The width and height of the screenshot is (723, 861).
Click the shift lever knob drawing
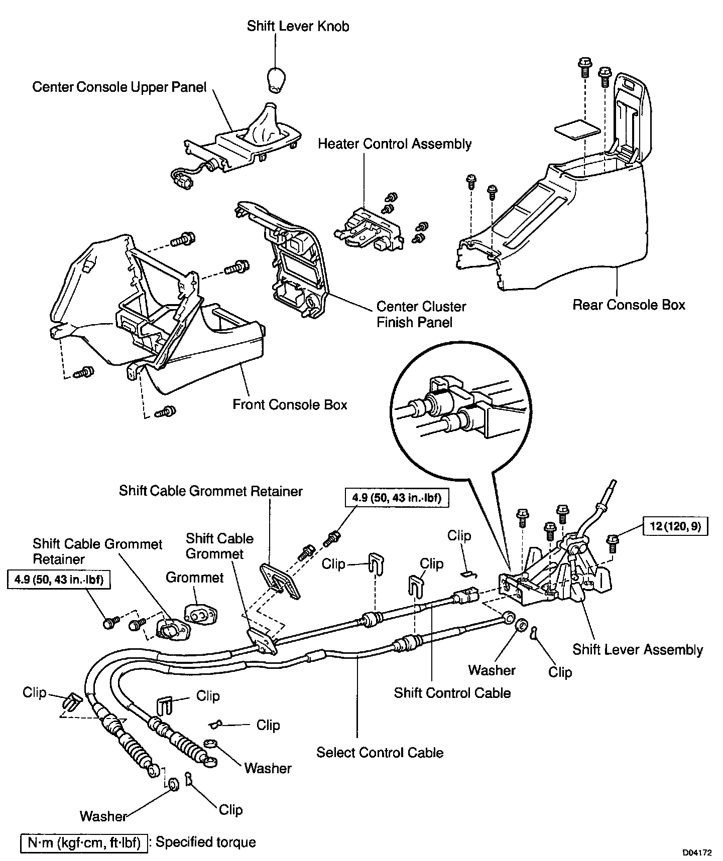(x=275, y=79)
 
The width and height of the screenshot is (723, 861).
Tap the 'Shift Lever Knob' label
(x=298, y=26)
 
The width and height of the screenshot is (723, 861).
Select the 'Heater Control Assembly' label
(x=395, y=144)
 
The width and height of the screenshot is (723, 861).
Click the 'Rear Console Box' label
(x=629, y=305)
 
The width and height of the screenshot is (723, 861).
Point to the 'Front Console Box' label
(x=290, y=404)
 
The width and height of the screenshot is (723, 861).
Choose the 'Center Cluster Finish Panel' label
(x=421, y=314)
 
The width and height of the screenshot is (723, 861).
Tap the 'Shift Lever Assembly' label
(x=638, y=650)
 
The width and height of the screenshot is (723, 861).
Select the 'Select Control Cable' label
(x=380, y=753)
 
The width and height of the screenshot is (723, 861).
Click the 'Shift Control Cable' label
(x=452, y=693)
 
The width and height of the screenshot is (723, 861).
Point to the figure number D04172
(x=696, y=852)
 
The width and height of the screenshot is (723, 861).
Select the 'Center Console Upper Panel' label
(x=119, y=87)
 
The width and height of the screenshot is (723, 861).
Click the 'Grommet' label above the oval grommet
(x=195, y=578)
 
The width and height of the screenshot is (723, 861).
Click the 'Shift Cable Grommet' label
(x=219, y=546)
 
